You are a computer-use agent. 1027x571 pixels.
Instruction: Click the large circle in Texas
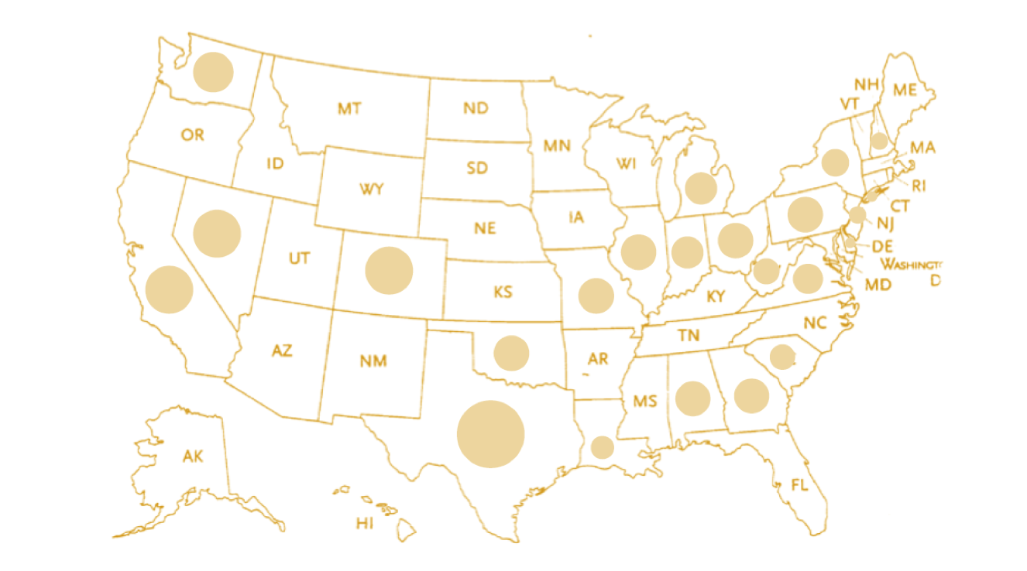(x=490, y=434)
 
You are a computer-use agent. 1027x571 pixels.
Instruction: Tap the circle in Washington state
(x=213, y=72)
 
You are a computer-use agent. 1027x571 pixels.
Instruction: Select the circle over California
(x=169, y=289)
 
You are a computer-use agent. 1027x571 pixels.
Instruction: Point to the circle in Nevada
(x=217, y=233)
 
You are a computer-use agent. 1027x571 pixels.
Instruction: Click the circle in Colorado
(x=389, y=271)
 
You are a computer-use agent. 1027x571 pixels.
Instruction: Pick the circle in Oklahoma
(x=510, y=353)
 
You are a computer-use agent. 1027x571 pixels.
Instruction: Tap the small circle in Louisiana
(x=602, y=447)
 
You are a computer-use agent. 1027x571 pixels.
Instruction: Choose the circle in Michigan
(x=700, y=188)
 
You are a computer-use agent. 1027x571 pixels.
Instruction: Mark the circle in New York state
(x=835, y=162)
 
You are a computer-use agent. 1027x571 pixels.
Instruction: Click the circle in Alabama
(x=692, y=398)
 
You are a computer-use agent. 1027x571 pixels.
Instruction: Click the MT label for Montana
(x=349, y=109)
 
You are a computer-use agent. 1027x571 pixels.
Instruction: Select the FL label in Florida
(x=799, y=485)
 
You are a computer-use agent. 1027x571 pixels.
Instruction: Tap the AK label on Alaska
(x=193, y=456)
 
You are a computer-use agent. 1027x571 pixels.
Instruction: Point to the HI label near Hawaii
(x=365, y=524)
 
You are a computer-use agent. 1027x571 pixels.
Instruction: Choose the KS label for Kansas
(x=503, y=292)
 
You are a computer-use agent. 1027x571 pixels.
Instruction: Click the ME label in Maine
(x=905, y=90)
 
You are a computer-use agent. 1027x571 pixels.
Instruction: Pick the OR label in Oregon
(x=193, y=135)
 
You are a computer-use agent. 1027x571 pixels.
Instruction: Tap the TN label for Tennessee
(x=689, y=335)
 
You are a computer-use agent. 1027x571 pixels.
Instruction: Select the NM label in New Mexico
(x=373, y=361)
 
